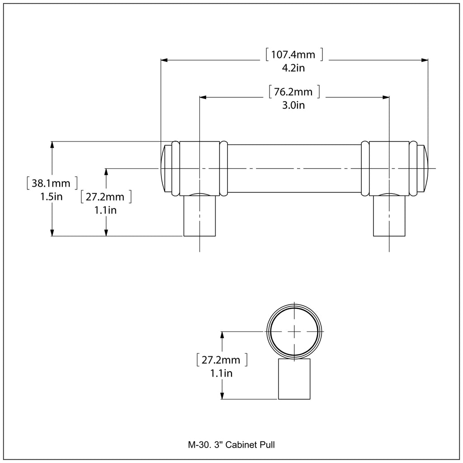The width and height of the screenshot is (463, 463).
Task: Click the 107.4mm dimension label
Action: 293,55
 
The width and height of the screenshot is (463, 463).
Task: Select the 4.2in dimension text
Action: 293,68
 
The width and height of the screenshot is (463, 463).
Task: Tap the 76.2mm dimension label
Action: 293,92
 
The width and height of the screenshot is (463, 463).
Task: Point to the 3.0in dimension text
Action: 293,105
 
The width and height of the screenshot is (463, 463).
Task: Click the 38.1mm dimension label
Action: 51,183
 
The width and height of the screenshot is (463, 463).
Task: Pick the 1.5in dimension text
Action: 52,197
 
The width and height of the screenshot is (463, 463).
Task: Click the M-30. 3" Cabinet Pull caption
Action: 231,445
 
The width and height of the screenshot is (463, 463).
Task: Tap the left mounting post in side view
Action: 199,216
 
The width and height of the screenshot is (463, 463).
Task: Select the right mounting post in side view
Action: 389,216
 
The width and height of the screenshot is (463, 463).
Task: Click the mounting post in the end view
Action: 294,379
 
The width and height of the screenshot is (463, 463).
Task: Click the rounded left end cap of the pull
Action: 166,169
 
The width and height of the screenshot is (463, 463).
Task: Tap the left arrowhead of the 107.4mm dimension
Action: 164,60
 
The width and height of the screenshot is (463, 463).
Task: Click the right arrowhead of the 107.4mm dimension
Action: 425,60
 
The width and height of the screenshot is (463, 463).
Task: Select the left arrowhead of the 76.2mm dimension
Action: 203,97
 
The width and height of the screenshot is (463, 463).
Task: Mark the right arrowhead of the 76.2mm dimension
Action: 386,97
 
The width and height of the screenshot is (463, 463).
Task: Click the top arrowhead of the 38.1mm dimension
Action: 52,145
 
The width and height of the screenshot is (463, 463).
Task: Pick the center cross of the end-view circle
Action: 294,331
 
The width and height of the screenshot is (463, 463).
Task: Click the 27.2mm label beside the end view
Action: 221,360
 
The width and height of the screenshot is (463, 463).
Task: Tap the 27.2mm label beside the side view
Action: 105,197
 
